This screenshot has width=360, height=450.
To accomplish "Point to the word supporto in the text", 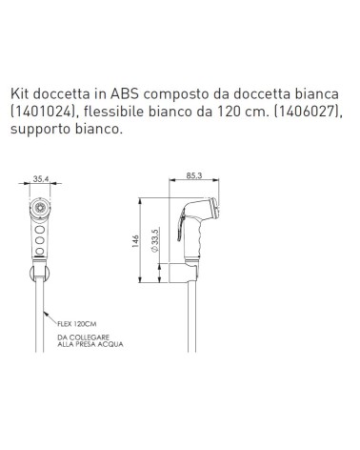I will tap(42, 132).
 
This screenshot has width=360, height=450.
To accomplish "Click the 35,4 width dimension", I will tap(40, 176).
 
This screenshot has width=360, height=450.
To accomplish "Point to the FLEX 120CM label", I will tap(75, 323).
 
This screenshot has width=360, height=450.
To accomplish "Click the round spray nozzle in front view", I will tap(40, 206).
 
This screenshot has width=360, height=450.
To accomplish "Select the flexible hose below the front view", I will tap(40, 305).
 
